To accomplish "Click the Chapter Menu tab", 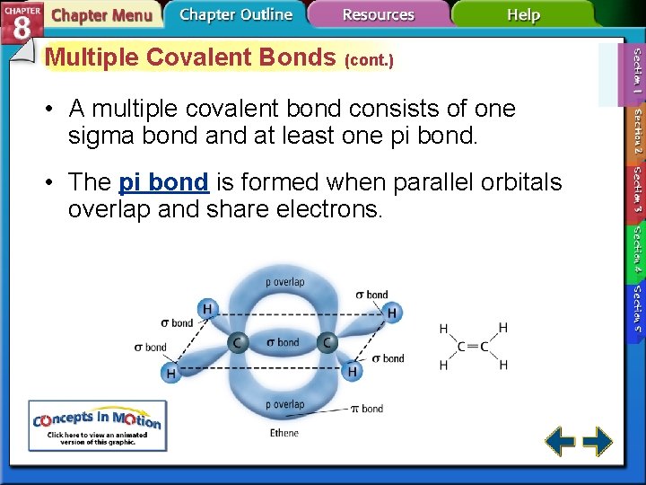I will (x=100, y=15).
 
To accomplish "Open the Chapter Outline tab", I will (x=235, y=14).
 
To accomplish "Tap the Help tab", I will (x=523, y=15).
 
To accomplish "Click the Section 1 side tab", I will (x=636, y=71).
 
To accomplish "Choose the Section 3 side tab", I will (x=636, y=190).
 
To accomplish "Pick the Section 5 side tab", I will (x=636, y=304).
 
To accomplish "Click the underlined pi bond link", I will (x=163, y=182).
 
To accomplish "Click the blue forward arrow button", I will (x=598, y=441).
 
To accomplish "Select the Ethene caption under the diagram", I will (x=284, y=434).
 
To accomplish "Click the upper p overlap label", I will (x=284, y=282).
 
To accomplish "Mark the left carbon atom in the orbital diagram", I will (x=238, y=342).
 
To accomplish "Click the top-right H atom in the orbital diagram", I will (x=391, y=313).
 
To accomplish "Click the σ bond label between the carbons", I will (x=283, y=342).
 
